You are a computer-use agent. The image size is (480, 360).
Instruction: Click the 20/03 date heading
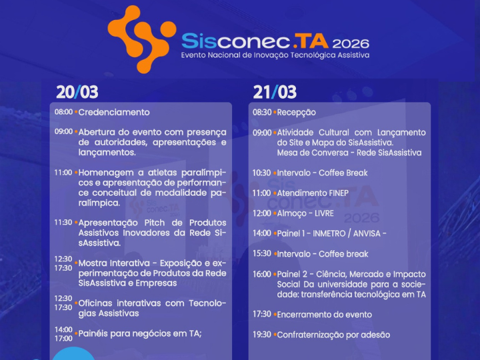point(77,92)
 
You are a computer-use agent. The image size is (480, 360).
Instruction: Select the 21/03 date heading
point(274,92)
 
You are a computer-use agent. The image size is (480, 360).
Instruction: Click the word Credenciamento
point(114,112)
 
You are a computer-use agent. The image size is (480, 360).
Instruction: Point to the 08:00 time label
point(63,112)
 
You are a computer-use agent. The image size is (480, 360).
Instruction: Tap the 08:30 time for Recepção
point(261,112)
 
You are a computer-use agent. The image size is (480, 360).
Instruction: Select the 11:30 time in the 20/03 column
point(63,222)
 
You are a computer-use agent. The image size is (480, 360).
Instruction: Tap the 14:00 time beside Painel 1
point(261,233)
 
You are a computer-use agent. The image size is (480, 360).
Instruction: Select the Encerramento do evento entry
point(324,314)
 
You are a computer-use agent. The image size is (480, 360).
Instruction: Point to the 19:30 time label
point(261,334)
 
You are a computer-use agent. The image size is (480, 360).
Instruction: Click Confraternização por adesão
point(333,334)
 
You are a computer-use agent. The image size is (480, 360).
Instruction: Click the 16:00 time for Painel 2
point(261,274)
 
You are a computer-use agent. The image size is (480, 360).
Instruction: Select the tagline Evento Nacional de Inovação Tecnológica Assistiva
point(275,55)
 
